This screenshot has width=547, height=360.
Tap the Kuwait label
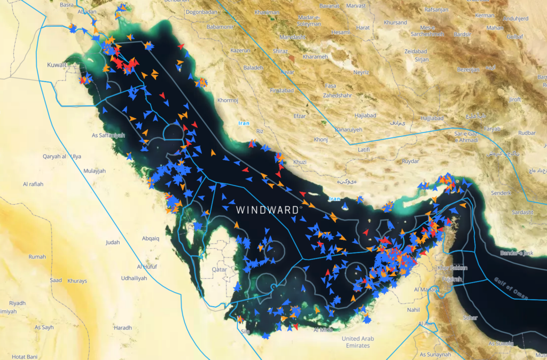tap(57, 65)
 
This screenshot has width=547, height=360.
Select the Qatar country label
tap(220, 270)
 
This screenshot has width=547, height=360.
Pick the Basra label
tap(67, 4)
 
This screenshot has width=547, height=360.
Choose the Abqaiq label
tap(150, 238)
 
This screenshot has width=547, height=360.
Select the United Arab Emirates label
tap(358, 342)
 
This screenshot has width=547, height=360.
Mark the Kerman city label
tap(485, 16)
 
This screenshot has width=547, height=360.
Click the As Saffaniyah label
tap(108, 135)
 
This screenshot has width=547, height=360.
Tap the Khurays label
tap(77, 280)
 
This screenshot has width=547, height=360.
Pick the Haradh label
tap(122, 327)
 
